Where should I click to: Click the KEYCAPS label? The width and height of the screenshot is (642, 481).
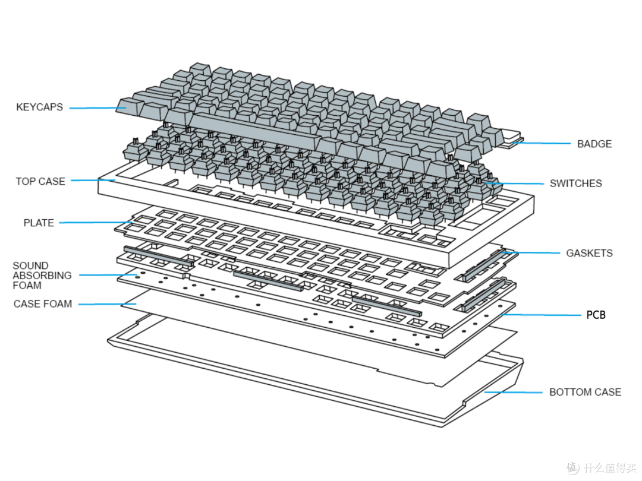tap(39, 107)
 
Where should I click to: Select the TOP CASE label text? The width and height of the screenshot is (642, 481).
tap(40, 181)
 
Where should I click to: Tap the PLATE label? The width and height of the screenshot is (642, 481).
tap(39, 223)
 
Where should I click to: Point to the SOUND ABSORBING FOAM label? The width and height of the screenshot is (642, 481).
tap(42, 276)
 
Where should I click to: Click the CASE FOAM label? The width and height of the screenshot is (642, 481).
tap(43, 304)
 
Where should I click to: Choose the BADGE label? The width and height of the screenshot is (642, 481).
tap(594, 144)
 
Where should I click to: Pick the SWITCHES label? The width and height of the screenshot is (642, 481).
tap(575, 183)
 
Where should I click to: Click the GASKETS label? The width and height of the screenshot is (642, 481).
tap(589, 253)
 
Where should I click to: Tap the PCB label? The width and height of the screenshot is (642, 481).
tap(596, 315)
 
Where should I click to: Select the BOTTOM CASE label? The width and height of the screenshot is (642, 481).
tap(585, 392)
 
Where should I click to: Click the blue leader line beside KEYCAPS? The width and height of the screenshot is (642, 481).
tap(95, 107)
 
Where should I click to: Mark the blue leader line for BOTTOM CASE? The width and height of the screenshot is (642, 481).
tap(511, 392)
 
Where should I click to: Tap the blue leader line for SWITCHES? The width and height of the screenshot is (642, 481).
tap(517, 183)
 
